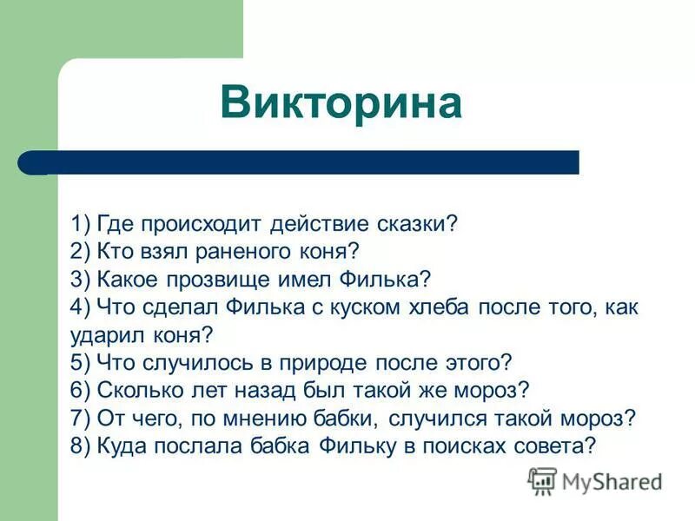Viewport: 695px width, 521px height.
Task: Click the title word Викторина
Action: pyautogui.click(x=341, y=103)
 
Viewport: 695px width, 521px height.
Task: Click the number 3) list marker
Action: pyautogui.click(x=82, y=280)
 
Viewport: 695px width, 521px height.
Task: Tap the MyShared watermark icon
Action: pyautogui.click(x=542, y=480)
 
